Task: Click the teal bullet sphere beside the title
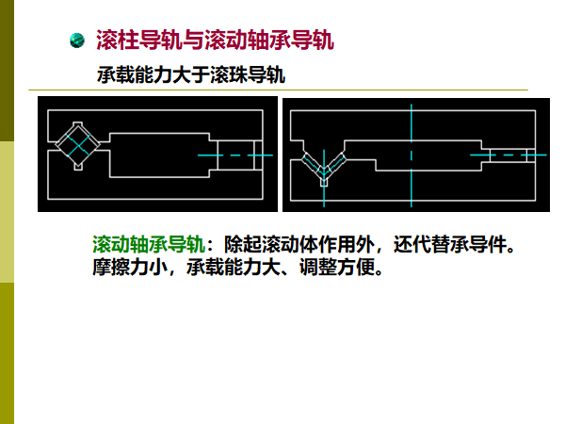coord(79,41)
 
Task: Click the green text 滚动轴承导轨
coord(147,246)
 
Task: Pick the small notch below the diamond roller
coord(76,167)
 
